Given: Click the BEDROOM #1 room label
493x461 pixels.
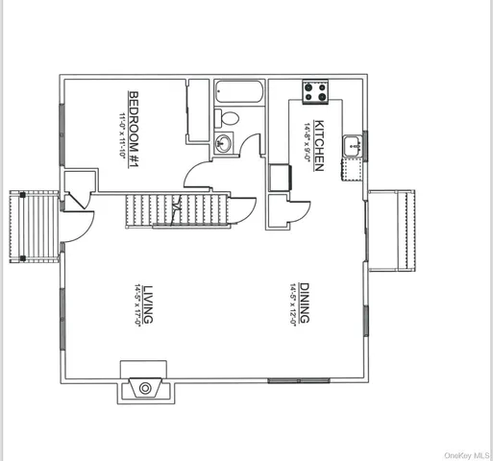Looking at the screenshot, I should point(135,113).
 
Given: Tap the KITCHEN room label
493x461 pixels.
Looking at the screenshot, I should point(319,145).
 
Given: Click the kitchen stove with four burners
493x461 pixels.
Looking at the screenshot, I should point(316,92).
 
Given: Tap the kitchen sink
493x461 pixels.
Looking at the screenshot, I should point(353,147).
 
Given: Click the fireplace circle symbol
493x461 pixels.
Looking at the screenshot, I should point(145,388).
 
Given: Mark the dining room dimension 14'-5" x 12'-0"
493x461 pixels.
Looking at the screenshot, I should point(292,304).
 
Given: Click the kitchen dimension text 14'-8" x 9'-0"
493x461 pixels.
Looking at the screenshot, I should point(308,145).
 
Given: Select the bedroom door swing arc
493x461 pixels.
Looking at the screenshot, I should point(200,176).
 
